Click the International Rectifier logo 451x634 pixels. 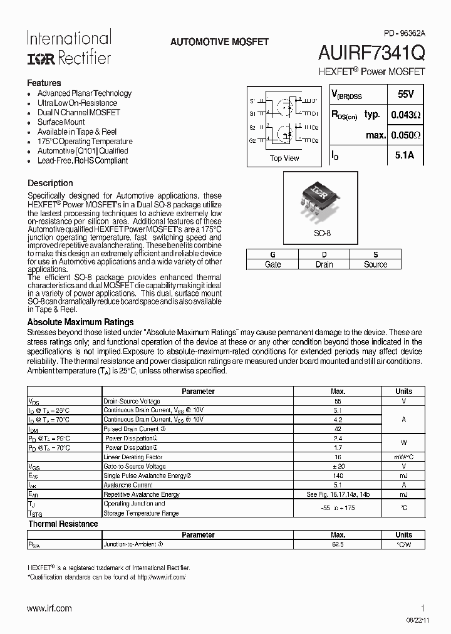69,48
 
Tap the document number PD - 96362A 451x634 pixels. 403,33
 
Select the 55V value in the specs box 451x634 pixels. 405,95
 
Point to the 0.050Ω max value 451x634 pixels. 405,135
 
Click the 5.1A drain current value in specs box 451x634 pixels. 405,155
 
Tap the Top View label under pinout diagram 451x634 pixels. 284,158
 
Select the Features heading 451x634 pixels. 44,83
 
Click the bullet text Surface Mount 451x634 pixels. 61,122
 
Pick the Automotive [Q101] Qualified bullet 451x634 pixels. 82,151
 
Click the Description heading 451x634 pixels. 50,183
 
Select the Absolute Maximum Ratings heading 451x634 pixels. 80,322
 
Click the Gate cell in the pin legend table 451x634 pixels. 272,264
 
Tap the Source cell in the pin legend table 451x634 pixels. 375,264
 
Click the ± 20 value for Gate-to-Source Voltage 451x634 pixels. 338,466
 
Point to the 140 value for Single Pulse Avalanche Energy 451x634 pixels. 338,476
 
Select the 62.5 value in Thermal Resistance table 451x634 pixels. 338,544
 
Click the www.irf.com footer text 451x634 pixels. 49,608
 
